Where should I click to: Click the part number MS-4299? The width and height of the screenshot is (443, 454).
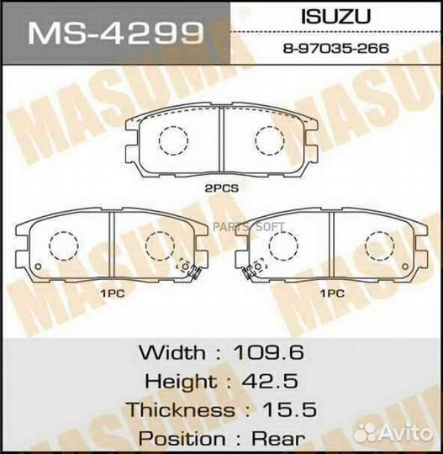click(117, 34)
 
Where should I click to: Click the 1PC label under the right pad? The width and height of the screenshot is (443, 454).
click(333, 293)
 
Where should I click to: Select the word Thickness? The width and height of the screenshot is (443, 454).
click(181, 410)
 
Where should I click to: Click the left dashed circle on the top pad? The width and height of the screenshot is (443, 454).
click(174, 139)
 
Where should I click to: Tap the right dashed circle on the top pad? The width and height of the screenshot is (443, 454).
click(270, 139)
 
